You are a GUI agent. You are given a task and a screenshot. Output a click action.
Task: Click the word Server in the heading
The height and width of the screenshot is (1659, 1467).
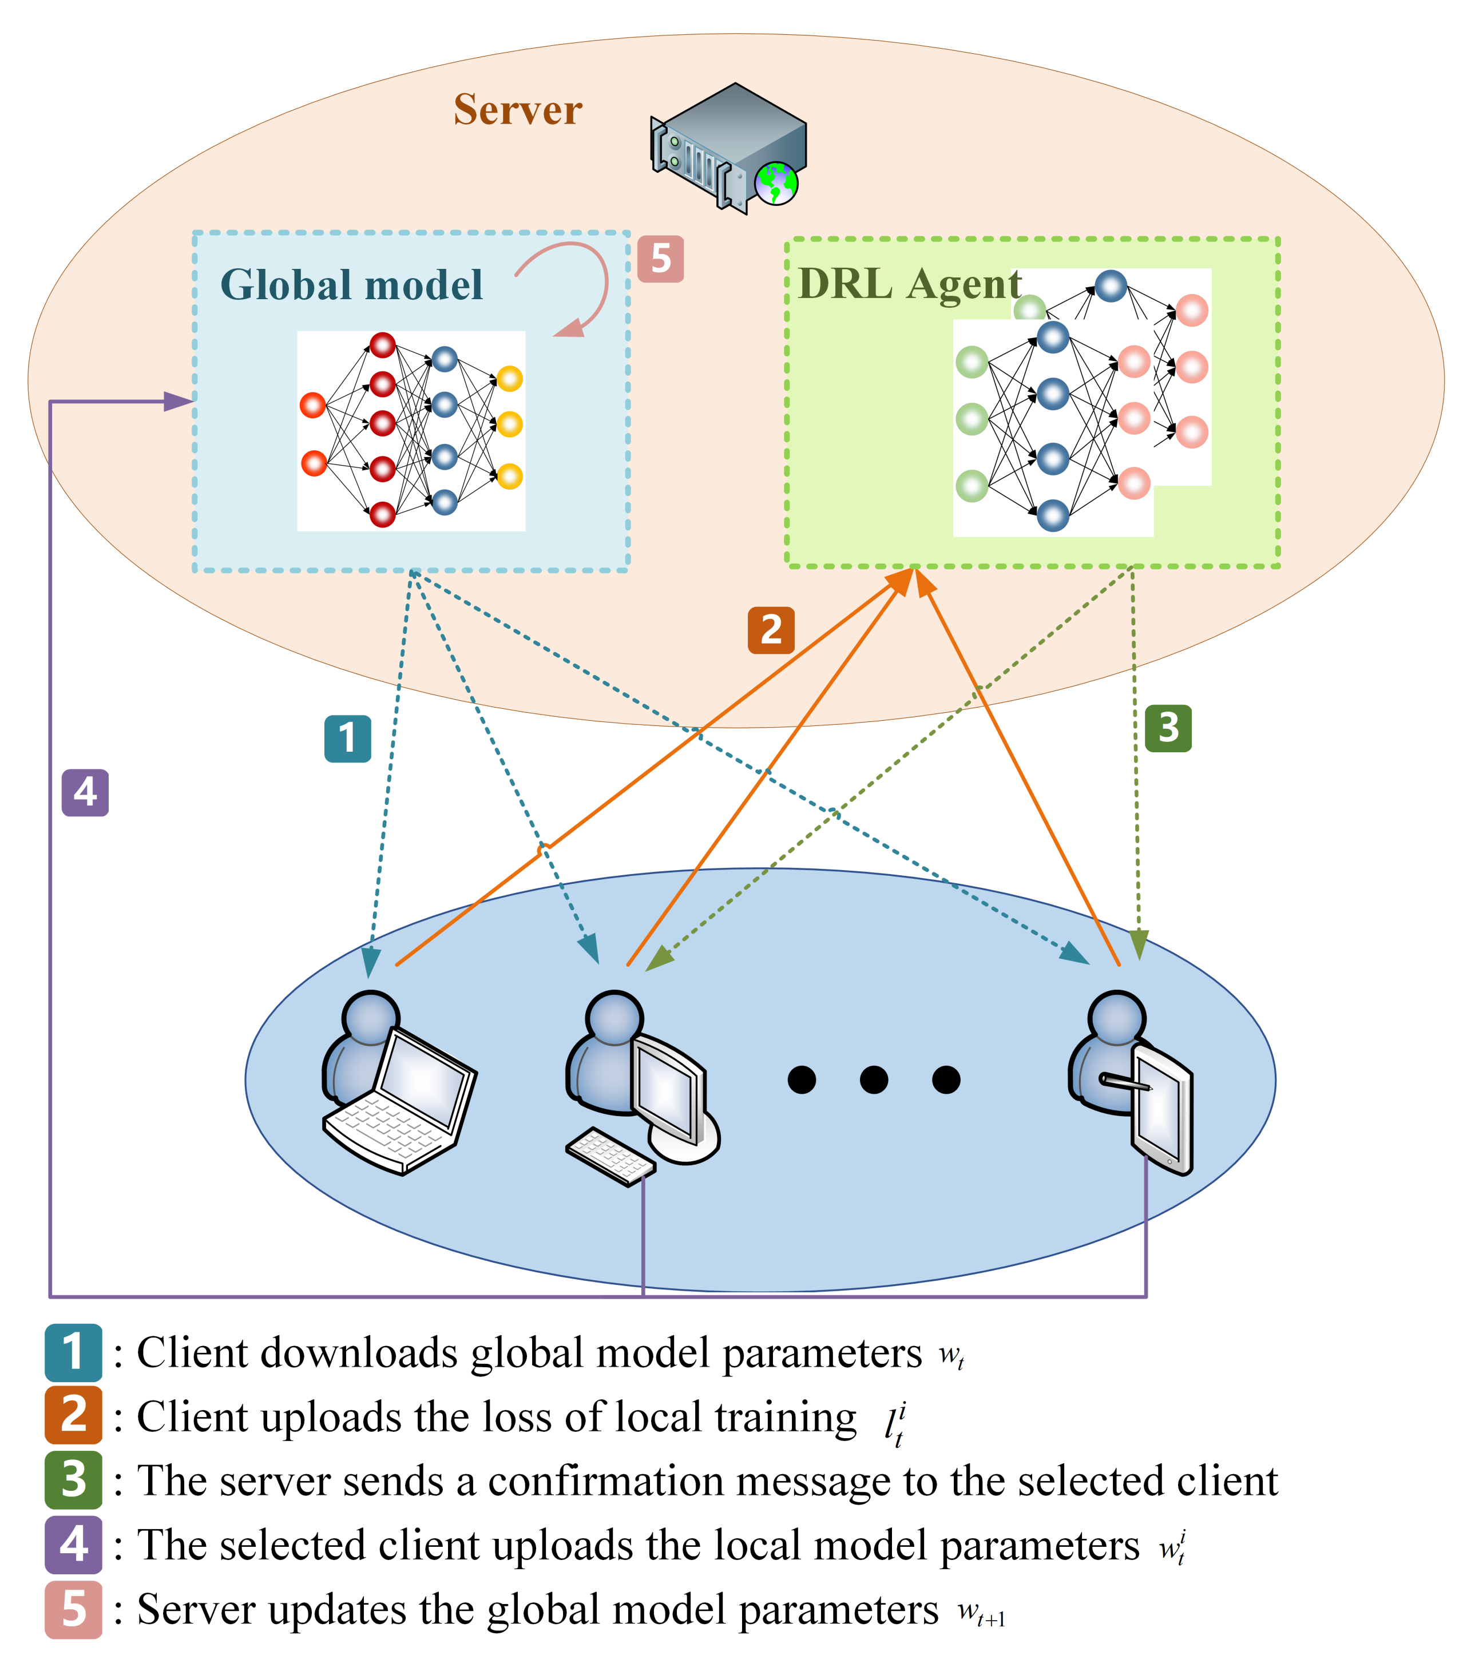pos(517,110)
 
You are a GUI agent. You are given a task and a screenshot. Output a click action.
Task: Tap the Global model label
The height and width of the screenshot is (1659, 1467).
pos(351,285)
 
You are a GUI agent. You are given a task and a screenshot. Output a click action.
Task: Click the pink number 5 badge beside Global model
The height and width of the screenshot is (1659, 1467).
pos(660,259)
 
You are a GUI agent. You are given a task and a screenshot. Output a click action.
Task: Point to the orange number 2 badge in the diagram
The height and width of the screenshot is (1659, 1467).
pos(771,630)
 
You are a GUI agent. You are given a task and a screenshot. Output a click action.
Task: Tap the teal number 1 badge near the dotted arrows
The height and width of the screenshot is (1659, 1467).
pos(347,739)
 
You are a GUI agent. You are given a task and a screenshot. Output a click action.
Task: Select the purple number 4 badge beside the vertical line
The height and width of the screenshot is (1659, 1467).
pos(85,792)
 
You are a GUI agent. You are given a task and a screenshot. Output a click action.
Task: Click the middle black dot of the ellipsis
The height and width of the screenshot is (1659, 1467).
pos(874,1079)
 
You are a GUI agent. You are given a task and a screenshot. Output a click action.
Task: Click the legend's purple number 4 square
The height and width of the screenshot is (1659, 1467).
pos(73,1544)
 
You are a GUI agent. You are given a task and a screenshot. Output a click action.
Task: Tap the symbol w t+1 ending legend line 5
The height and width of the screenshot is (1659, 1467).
pos(981,1610)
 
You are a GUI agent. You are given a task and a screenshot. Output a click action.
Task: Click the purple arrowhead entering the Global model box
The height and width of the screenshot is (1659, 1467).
pos(178,401)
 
